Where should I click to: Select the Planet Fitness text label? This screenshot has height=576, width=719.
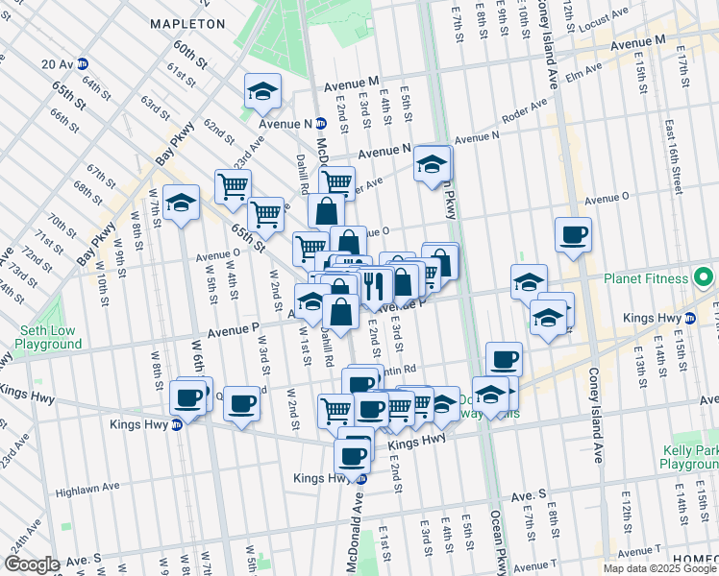coord(646,278)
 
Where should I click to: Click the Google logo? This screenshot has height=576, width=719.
coord(32,564)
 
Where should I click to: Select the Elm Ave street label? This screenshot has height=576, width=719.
coord(583,68)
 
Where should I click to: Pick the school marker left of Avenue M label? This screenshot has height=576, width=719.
coord(260,91)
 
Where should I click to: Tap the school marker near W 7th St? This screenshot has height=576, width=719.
coord(181,203)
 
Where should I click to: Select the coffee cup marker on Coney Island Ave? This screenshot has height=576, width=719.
coord(573,234)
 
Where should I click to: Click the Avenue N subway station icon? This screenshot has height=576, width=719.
coord(321,124)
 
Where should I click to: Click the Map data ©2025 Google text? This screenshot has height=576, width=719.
coord(659,568)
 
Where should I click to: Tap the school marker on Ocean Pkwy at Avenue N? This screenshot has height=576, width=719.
coord(433,163)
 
